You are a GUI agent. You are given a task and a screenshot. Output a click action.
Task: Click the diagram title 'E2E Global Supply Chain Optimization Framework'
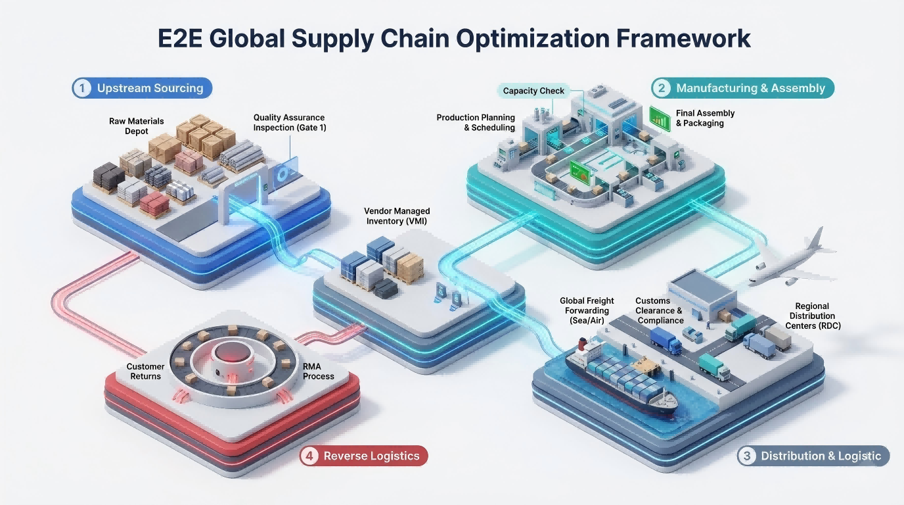454,38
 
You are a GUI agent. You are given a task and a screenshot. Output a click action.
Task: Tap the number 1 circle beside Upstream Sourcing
81,88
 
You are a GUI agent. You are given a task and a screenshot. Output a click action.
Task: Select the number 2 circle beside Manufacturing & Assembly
661,88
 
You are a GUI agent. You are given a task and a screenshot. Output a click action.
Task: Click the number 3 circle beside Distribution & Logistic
746,456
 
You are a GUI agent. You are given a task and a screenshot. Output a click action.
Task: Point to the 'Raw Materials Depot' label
137,126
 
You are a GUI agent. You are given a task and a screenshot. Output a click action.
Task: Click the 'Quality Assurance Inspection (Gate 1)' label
290,123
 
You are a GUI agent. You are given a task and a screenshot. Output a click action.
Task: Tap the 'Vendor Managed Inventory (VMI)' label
397,216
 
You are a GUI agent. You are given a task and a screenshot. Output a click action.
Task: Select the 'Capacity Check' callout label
533,91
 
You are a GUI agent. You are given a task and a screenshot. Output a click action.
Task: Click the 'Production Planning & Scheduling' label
476,123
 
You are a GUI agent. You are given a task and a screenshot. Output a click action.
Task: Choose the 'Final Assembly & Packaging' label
705,118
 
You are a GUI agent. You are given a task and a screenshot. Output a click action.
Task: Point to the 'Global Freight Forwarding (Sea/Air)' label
585,310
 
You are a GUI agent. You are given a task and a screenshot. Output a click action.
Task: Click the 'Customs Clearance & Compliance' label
659,310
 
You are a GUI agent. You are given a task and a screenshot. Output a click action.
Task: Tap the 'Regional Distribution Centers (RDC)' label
813,316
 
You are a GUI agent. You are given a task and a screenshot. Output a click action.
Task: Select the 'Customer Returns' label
145,372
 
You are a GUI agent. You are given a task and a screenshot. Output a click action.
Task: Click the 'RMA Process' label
319,372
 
